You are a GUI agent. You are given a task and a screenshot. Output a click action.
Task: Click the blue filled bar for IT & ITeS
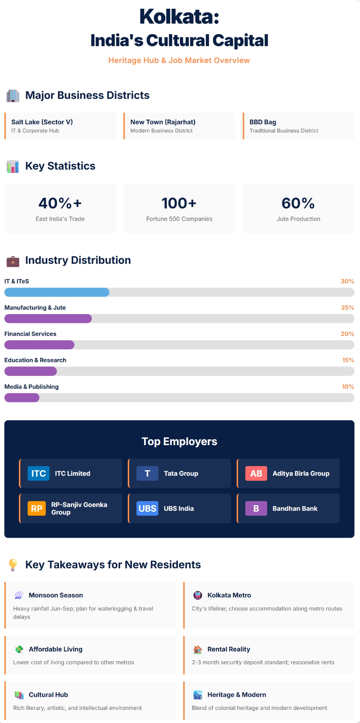pyautogui.click(x=57, y=292)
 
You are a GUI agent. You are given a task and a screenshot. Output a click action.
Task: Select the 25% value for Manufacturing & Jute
pyautogui.click(x=347, y=308)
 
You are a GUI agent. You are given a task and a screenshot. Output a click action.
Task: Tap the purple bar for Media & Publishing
pyautogui.click(x=22, y=398)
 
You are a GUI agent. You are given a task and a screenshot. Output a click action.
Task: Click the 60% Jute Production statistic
pyautogui.click(x=298, y=203)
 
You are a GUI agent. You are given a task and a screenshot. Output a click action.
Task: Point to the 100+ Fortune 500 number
pyautogui.click(x=179, y=203)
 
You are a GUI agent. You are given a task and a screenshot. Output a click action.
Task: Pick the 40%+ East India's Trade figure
pyautogui.click(x=60, y=203)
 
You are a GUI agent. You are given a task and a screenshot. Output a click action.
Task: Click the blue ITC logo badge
pyautogui.click(x=38, y=474)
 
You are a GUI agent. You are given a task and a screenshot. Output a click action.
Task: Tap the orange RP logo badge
pyautogui.click(x=37, y=508)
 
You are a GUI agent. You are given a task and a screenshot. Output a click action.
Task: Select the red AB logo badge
pyautogui.click(x=256, y=474)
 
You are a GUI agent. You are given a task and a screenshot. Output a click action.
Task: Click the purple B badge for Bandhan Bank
pyautogui.click(x=256, y=508)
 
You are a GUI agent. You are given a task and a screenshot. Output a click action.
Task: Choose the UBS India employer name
pyautogui.click(x=179, y=508)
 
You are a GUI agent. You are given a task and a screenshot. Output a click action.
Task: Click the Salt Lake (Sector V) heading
pyautogui.click(x=42, y=122)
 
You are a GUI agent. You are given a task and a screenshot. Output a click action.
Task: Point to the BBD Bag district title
pyautogui.click(x=263, y=122)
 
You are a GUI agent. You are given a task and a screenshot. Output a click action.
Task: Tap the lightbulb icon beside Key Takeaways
pyautogui.click(x=13, y=565)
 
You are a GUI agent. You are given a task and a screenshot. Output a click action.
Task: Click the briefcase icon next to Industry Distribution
pyautogui.click(x=13, y=261)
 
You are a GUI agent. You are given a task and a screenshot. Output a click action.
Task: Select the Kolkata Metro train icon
pyautogui.click(x=197, y=595)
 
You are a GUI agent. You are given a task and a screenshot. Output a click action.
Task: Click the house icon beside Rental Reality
pyautogui.click(x=197, y=649)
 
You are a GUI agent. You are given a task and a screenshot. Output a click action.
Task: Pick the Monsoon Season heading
pyautogui.click(x=56, y=595)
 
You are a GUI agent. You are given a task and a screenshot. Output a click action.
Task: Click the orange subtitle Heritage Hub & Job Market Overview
pyautogui.click(x=179, y=60)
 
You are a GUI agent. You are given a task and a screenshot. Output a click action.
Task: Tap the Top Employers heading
pyautogui.click(x=179, y=442)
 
